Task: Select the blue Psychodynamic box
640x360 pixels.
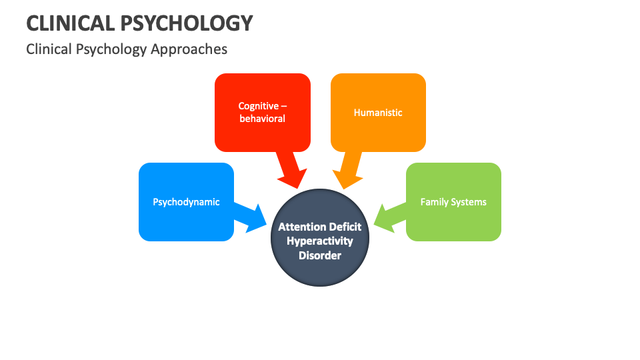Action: point(186,202)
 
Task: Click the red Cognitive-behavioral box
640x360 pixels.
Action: point(262,112)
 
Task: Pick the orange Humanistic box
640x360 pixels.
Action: point(378,112)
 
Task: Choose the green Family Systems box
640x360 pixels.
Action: point(453,202)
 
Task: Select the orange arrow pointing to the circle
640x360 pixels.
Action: point(348,171)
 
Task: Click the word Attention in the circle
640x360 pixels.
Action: point(301,227)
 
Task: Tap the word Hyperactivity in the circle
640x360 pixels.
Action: point(320,241)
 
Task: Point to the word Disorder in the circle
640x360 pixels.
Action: point(320,255)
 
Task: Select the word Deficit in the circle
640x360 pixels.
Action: point(344,227)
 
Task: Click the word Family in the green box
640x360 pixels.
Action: point(434,202)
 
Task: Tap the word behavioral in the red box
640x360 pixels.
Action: point(262,119)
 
